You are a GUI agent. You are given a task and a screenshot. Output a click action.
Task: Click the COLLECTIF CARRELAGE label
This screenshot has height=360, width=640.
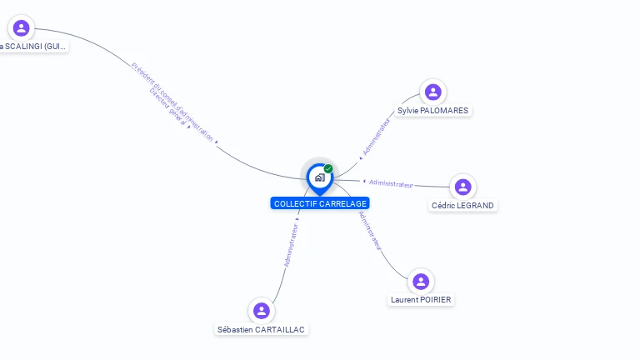(320, 203)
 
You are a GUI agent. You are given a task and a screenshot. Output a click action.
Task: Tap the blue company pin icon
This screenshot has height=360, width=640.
(319, 177)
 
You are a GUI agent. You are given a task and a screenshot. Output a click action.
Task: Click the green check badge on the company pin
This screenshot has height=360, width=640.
(328, 169)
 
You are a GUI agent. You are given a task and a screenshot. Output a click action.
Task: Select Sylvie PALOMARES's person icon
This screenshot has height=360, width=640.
(432, 92)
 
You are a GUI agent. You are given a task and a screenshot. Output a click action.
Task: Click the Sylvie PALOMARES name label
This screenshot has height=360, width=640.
(432, 111)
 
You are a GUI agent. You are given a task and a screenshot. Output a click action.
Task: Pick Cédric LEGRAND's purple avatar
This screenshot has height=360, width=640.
(463, 187)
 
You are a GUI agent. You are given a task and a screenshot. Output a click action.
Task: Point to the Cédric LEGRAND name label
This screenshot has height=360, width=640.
(462, 205)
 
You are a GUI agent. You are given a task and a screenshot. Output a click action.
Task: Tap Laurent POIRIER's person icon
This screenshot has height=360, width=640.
(421, 282)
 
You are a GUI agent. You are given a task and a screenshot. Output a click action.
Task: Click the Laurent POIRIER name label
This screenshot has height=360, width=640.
(422, 300)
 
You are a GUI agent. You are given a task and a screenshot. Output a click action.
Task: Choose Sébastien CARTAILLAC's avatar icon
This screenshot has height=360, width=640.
(262, 311)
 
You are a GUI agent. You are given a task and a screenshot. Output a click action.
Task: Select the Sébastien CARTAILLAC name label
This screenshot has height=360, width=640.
(262, 329)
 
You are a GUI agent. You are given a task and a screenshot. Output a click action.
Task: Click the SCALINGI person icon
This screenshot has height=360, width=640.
(22, 28)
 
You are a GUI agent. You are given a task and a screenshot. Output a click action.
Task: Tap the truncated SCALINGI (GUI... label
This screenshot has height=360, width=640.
(34, 47)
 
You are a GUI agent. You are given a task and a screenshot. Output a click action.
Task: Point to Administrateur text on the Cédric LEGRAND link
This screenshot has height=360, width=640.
(391, 183)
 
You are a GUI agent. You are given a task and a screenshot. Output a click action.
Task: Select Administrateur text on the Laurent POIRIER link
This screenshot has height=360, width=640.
(370, 231)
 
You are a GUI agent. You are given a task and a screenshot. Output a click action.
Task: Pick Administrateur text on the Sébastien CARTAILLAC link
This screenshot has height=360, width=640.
(291, 244)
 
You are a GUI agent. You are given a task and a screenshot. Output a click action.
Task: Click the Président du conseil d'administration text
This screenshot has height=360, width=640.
(174, 100)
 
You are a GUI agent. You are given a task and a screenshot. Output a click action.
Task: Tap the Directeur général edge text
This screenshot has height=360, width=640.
(167, 106)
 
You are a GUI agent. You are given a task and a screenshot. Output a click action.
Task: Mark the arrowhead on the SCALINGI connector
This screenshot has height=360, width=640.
(217, 143)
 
